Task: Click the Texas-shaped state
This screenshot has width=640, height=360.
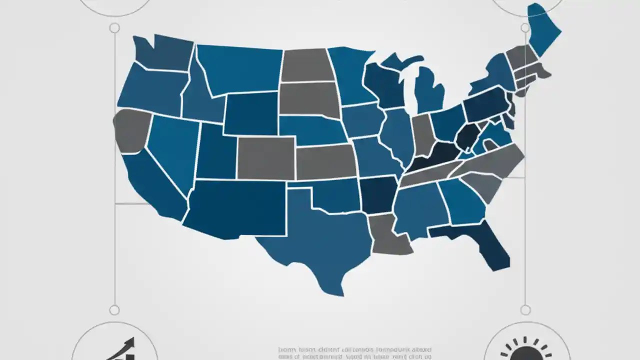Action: (x=320, y=240)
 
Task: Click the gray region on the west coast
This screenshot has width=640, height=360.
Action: (x=131, y=130)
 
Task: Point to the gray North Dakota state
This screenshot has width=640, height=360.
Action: (x=306, y=65)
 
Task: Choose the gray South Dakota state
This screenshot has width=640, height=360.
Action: (x=308, y=98)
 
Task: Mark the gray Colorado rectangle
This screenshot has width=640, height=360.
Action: (x=265, y=157)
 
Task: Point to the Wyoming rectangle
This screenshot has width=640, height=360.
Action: (x=251, y=113)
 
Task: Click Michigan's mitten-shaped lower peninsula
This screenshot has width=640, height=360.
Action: (x=429, y=90)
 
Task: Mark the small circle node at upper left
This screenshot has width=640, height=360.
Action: (x=114, y=28)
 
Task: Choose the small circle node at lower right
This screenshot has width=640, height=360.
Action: (x=525, y=310)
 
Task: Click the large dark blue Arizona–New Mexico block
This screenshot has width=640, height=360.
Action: (x=235, y=207)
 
